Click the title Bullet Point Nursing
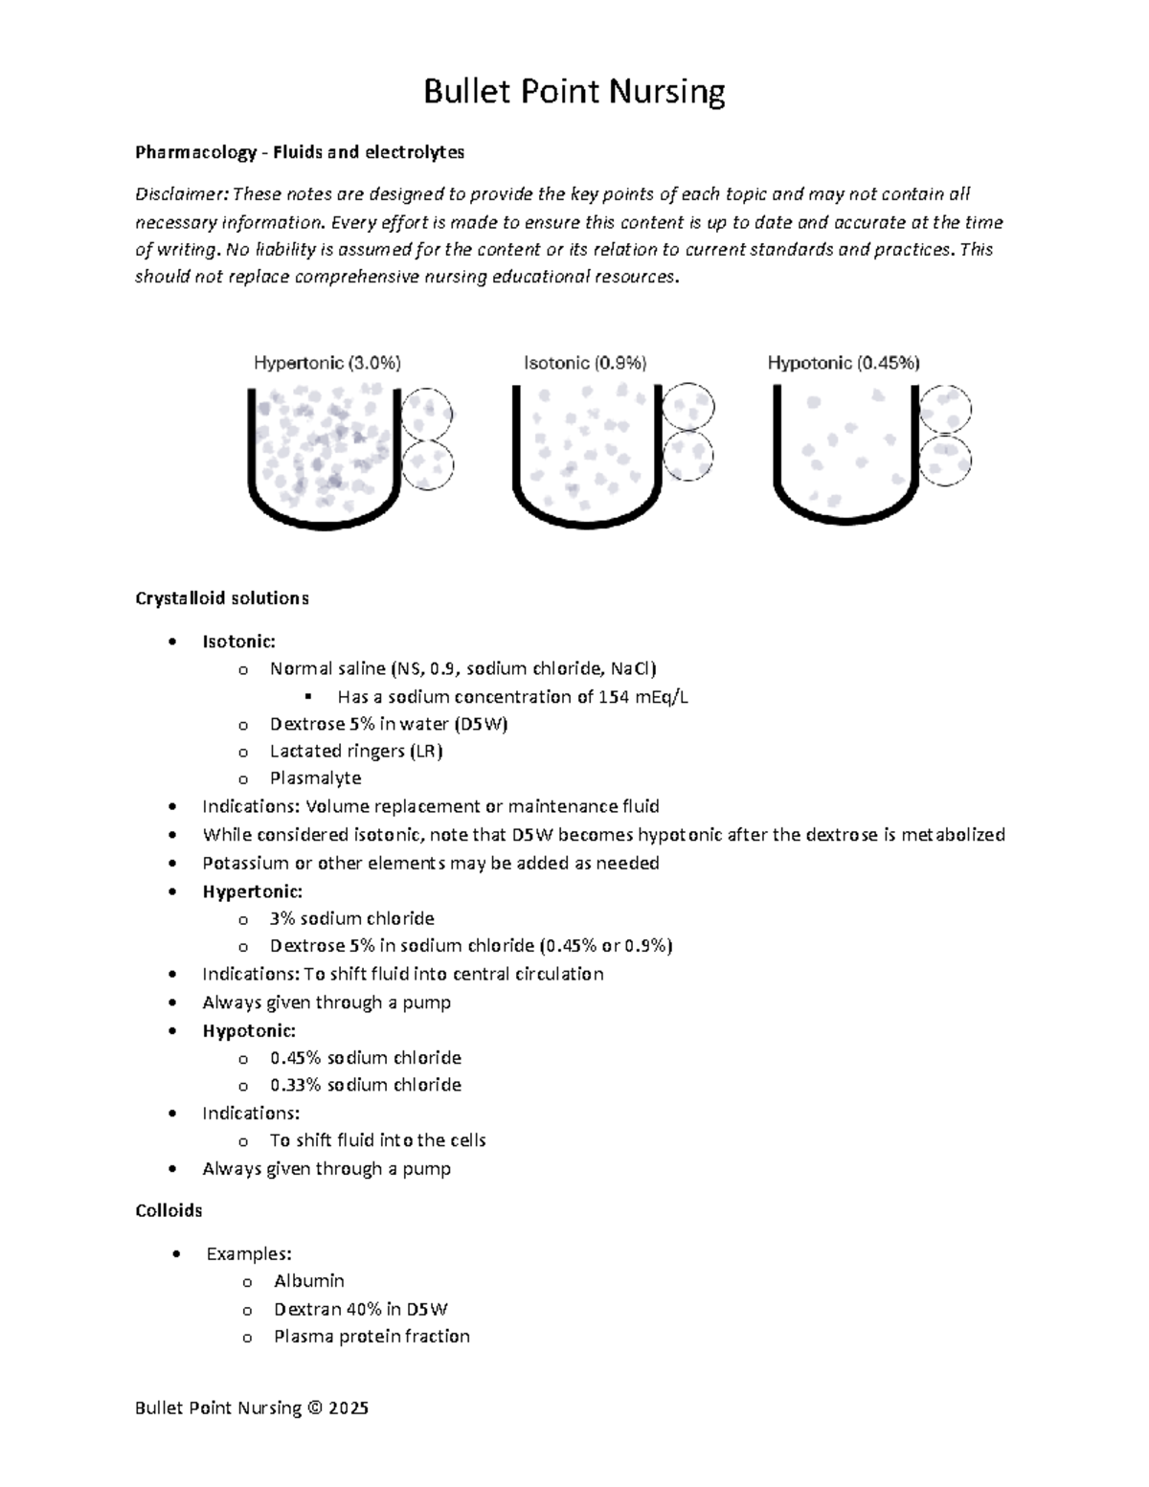574,92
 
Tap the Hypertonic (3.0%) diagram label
327,363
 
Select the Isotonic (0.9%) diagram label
584,363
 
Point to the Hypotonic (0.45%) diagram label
843,363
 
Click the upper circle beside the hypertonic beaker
427,414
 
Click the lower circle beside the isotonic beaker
687,456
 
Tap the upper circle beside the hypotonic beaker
945,410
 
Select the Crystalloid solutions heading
221,598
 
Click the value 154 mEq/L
642,697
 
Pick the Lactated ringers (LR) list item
355,752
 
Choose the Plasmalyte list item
315,778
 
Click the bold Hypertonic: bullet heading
252,891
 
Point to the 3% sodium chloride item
351,919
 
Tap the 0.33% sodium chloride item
365,1085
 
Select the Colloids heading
169,1211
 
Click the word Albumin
308,1281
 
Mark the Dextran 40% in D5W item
360,1309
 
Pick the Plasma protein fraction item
372,1337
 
